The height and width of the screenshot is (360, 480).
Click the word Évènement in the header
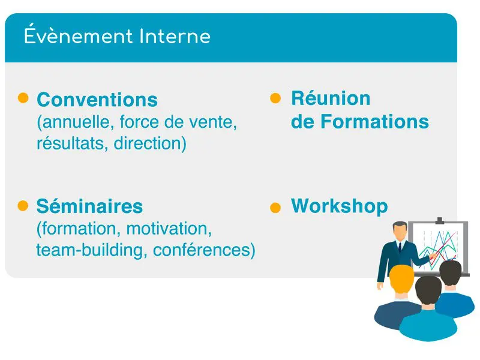(79, 35)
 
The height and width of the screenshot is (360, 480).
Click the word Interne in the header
(175, 37)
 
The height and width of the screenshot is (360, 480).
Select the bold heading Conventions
(97, 100)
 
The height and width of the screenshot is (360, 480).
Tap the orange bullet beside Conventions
(23, 98)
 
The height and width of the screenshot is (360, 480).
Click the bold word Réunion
(331, 98)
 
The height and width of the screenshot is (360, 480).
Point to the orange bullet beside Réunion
(275, 98)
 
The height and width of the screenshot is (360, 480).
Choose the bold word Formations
(374, 122)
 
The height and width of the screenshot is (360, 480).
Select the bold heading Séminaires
(89, 206)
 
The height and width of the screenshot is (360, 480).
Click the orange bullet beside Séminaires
(23, 206)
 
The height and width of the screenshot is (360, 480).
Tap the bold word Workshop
(340, 206)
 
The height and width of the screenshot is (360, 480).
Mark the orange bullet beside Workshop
(275, 208)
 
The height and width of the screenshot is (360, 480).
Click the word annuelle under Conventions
(76, 122)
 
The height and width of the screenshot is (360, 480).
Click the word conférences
(202, 250)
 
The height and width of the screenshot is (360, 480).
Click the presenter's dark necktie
(400, 247)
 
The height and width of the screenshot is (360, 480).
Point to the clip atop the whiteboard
(440, 220)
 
